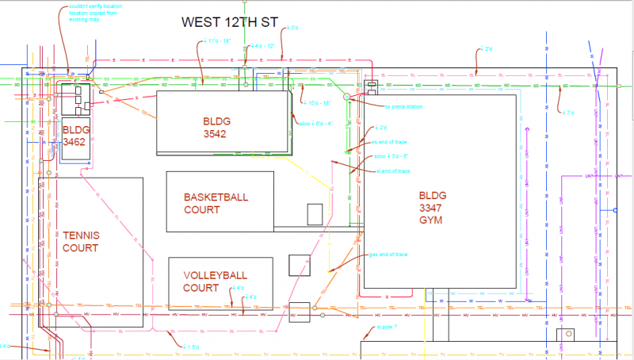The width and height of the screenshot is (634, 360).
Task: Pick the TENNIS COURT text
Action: [x=81, y=242]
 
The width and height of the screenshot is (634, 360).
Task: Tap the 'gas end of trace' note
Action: [x=388, y=255]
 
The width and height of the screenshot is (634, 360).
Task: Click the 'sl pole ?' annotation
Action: [x=384, y=326]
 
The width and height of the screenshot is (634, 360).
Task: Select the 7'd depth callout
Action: [x=567, y=113]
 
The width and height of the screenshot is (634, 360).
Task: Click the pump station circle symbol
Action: [x=346, y=97]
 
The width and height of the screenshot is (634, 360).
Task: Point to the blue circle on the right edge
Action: [x=614, y=210]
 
